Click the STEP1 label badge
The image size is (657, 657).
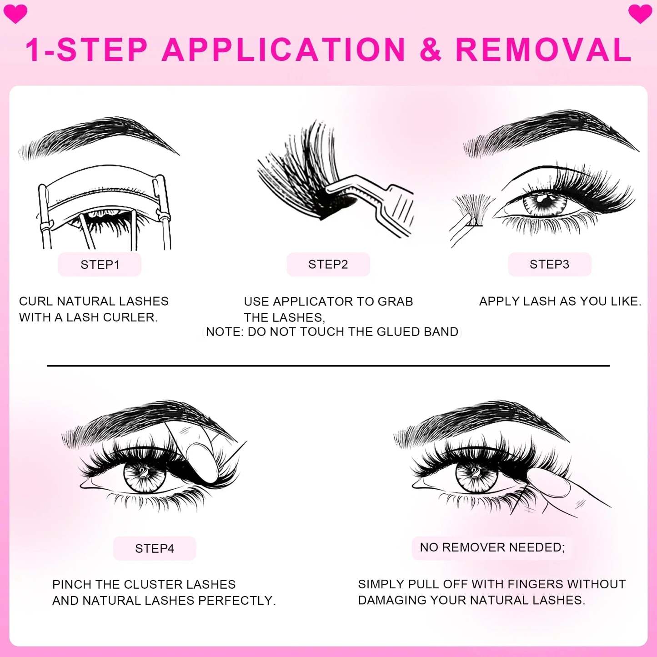[x=100, y=265]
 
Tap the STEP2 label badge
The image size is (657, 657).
[x=328, y=265]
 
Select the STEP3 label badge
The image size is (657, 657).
[x=549, y=265]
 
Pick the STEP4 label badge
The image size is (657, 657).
[x=155, y=548]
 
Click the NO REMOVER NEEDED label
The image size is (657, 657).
[x=492, y=547]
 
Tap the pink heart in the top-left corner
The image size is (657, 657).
[x=15, y=14]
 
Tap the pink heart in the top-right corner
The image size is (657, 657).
[x=640, y=14]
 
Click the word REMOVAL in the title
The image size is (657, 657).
[x=543, y=50]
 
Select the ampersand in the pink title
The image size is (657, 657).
[x=430, y=50]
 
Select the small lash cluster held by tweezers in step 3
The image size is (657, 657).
[x=473, y=210]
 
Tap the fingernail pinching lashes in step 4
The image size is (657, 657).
[x=203, y=460]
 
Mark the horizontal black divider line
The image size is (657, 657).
[x=328, y=366]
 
